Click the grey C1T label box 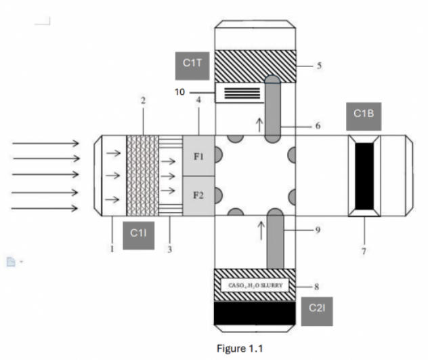[x=192, y=66]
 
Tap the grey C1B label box [x=364, y=117]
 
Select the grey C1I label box [x=138, y=235]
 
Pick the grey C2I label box [x=317, y=311]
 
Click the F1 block [x=198, y=156]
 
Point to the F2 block [x=198, y=196]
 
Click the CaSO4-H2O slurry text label [x=255, y=285]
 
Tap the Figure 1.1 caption [x=240, y=348]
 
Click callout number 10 [x=180, y=92]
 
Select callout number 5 [x=319, y=66]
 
